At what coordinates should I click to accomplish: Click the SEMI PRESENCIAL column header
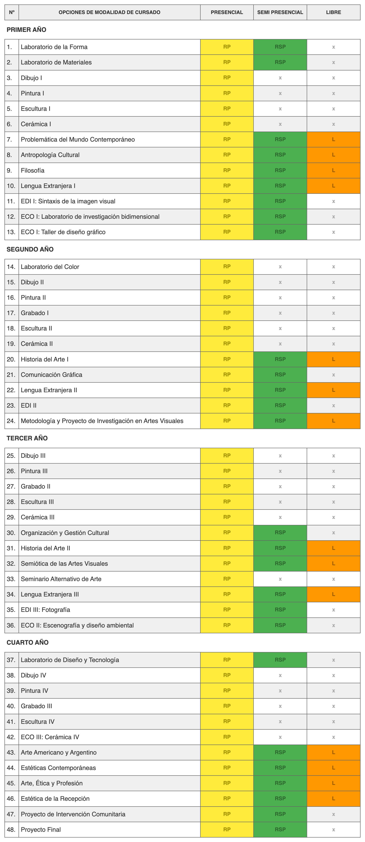(x=280, y=12)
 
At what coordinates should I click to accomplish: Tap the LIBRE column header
(x=333, y=12)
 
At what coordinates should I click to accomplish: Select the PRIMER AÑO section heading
(x=26, y=30)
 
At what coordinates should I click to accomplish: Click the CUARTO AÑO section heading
(x=27, y=642)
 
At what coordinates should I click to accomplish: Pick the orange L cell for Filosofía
(x=333, y=170)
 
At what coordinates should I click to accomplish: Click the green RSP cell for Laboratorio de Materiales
(x=280, y=62)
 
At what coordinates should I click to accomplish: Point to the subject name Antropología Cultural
(x=50, y=155)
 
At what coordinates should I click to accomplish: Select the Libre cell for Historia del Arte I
(x=333, y=359)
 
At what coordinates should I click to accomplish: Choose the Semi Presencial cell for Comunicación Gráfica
(x=280, y=375)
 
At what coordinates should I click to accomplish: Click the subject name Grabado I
(x=35, y=313)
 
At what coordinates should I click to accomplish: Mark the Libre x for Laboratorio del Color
(x=333, y=267)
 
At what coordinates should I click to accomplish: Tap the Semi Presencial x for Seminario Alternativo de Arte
(x=280, y=579)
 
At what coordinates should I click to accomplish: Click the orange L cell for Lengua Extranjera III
(x=333, y=594)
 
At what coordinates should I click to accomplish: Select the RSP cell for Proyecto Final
(x=280, y=829)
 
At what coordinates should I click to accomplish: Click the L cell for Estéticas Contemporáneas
(x=333, y=768)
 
